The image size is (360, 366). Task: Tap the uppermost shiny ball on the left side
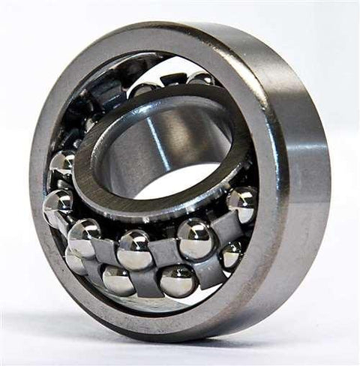[x=63, y=164]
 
